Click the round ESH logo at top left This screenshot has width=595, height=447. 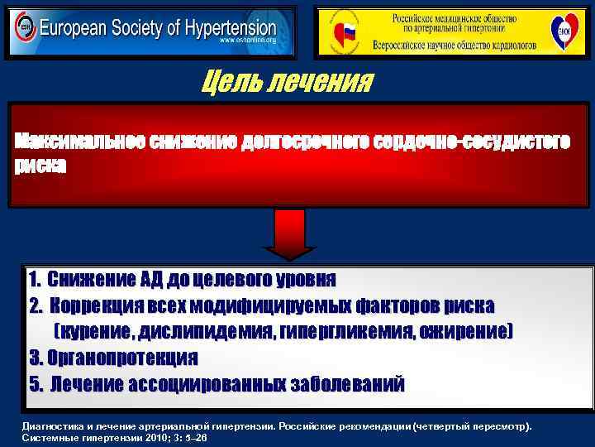(x=24, y=31)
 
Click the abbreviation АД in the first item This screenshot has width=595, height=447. (x=172, y=280)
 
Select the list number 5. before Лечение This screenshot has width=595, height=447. (x=36, y=384)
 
